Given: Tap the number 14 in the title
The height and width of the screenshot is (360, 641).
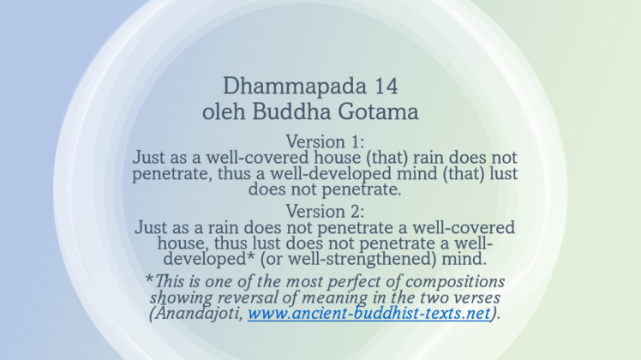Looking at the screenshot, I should point(382,87).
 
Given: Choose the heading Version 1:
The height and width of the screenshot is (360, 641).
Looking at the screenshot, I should point(325,141).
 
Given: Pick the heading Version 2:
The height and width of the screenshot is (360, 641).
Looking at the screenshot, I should point(325,211).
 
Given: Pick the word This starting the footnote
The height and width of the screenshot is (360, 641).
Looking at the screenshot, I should point(171,282).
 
